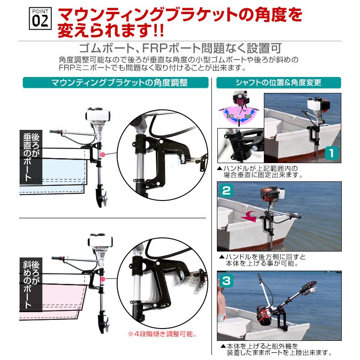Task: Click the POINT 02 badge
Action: coord(40,18)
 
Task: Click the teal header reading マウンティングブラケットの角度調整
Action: coord(115,82)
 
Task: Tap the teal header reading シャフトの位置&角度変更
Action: coord(278,82)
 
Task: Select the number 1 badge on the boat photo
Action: coord(332,153)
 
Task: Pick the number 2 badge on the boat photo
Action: coord(226,190)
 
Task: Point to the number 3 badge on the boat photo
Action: coord(226,280)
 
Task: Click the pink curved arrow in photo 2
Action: coord(250,216)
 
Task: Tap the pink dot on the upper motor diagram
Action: coord(103,154)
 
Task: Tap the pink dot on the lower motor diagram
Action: coord(103,279)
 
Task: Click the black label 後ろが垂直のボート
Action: coord(31,157)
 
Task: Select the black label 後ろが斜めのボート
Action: coord(31,284)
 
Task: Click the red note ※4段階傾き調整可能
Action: coord(162,334)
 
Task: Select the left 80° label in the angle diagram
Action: coord(230,116)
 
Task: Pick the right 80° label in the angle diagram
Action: coord(248,116)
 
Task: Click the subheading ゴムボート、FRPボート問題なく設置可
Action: coord(180,48)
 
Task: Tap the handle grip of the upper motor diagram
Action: coord(56,132)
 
